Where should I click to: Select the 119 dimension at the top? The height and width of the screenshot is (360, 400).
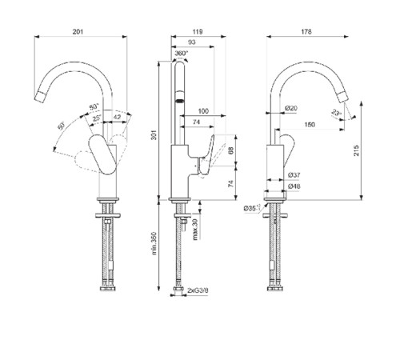coord(197,31)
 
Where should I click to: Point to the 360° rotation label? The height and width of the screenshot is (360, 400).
coord(181,54)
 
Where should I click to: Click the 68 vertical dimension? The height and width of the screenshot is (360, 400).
coord(230,150)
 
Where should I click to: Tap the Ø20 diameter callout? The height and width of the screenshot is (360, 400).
coord(291,108)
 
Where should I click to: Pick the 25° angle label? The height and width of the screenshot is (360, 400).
coord(97,118)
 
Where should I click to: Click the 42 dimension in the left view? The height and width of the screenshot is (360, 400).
coord(118,118)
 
